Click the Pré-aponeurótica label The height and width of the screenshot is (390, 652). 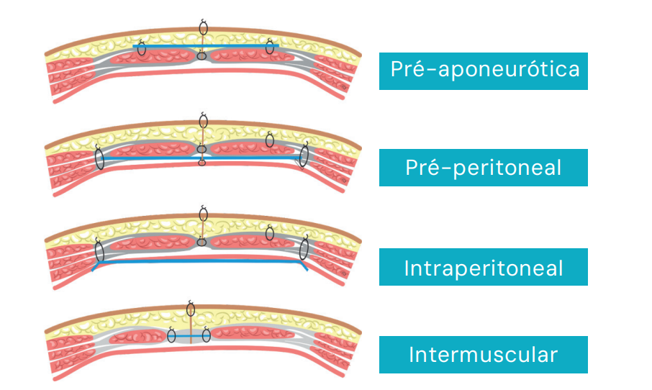483,71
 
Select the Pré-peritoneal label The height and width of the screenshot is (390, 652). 483,168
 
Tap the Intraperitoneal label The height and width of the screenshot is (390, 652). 483,267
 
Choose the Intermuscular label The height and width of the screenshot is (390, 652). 483,355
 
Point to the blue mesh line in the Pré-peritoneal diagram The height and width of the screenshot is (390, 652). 252,155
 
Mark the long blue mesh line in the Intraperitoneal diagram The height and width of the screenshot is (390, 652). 202,263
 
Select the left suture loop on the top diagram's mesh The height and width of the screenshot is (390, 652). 142,49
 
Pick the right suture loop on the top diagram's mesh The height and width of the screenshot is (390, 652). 270,47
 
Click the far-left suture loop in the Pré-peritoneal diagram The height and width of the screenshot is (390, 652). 99,157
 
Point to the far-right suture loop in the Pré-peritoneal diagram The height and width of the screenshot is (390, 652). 304,155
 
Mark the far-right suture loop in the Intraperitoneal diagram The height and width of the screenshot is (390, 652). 305,249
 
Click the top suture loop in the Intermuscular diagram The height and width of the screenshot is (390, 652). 191,309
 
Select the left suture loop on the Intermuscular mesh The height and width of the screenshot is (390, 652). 172,335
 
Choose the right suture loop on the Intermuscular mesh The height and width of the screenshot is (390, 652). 207,335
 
